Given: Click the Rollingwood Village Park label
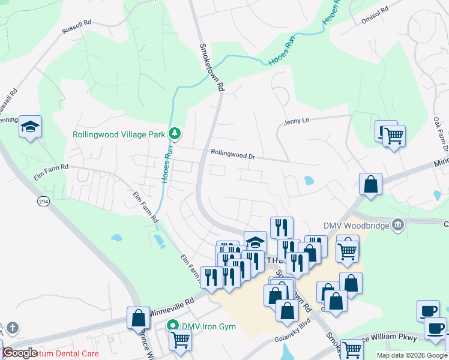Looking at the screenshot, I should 118,134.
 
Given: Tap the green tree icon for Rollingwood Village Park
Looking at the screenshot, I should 175,133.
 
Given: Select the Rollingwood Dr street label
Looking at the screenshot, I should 233,154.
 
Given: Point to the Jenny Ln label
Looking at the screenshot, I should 296,121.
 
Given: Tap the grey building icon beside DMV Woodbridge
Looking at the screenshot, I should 397,225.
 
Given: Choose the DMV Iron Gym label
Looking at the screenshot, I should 208,326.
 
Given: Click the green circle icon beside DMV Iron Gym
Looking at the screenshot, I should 173,326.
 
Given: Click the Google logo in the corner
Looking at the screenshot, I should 20,353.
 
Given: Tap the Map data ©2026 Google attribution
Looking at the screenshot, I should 411,355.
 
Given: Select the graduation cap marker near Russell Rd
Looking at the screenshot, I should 30,127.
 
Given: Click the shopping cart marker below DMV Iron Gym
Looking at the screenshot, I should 180,340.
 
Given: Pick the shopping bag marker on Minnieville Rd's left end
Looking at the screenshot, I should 138,318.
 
